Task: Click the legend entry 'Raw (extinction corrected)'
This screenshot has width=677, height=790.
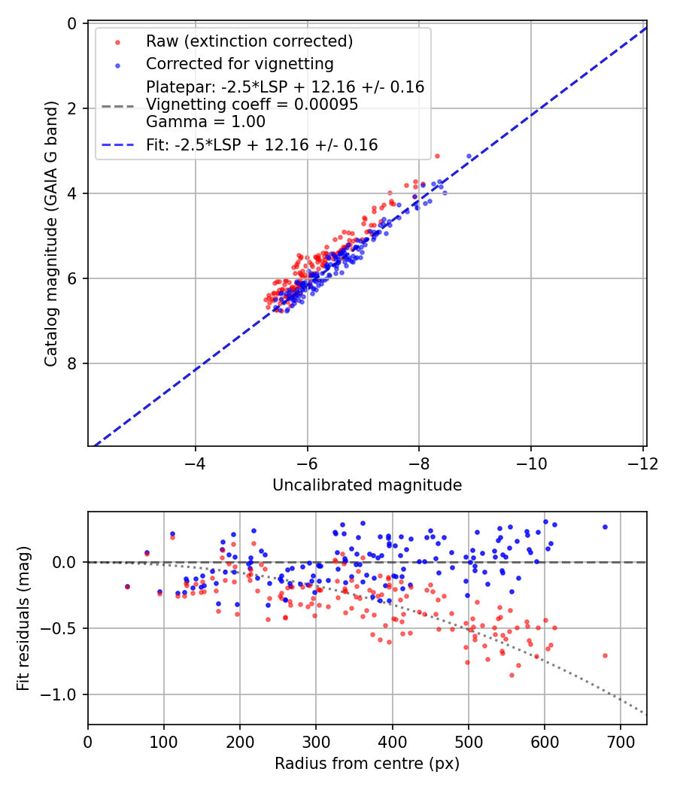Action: coord(249,41)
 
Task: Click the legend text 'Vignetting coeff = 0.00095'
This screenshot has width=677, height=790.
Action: coord(252,105)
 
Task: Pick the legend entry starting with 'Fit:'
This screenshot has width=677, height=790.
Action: coord(262,144)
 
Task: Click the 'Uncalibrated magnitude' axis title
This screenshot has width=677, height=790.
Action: coord(366,485)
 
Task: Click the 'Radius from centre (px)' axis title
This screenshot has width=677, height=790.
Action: coord(366,764)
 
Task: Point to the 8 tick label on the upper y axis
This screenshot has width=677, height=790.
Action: coord(72,363)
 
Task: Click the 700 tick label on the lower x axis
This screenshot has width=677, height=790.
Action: coord(620,741)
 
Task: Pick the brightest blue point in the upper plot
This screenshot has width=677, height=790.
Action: coord(469,156)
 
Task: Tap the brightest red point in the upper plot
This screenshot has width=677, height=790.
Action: coord(437,156)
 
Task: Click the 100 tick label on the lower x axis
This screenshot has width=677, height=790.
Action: coord(164,741)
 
